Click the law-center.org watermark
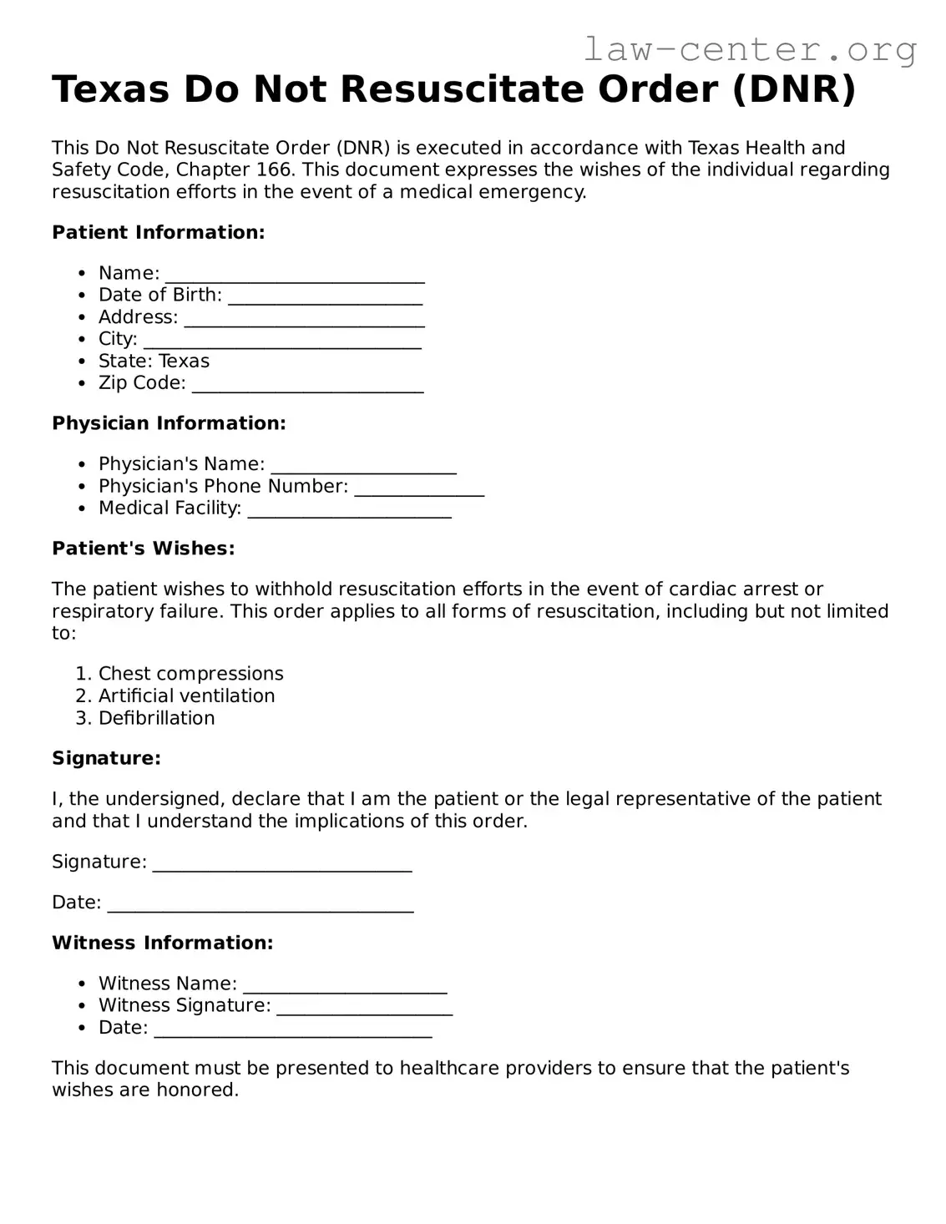point(749,50)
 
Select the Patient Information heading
point(158,233)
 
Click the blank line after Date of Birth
point(325,297)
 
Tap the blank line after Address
point(304,319)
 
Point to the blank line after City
point(282,341)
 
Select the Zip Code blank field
point(307,385)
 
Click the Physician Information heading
point(169,423)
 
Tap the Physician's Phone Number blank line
point(419,488)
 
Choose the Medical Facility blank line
point(350,510)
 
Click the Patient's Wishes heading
point(143,549)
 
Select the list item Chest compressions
point(190,674)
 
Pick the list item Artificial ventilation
point(186,696)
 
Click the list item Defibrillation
point(156,718)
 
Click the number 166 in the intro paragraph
point(275,170)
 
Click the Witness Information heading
point(162,943)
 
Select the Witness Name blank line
point(345,986)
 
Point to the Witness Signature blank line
point(364,1008)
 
